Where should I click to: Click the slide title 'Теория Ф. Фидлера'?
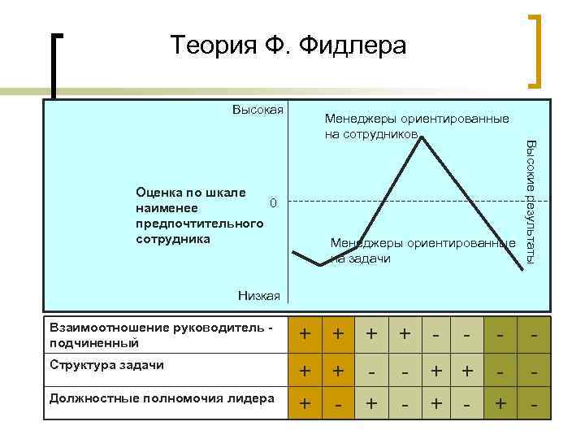288,46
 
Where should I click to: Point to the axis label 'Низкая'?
259,296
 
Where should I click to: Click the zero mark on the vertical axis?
274,202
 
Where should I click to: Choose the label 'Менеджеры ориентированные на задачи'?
422,250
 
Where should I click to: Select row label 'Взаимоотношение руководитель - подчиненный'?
162,334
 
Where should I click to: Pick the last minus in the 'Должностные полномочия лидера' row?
533,404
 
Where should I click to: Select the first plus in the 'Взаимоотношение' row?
305,334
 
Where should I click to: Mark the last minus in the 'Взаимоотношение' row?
533,334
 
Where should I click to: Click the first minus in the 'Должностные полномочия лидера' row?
337,404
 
